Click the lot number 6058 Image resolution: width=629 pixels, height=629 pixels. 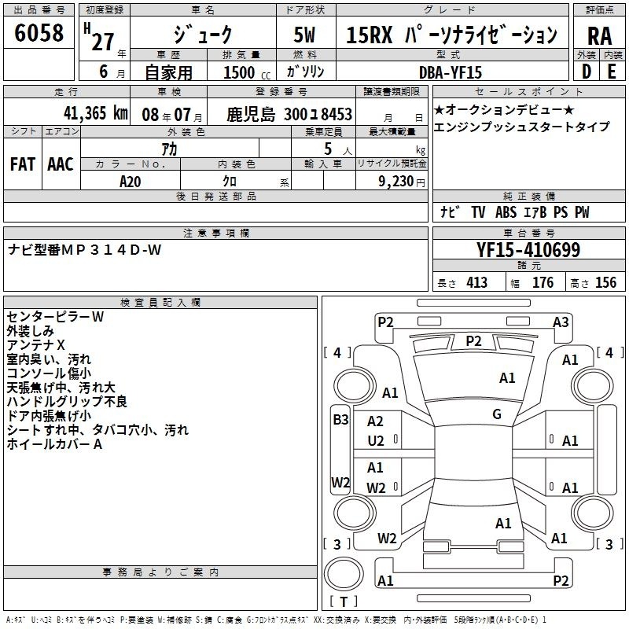(x=39, y=33)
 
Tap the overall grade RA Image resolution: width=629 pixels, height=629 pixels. (x=600, y=36)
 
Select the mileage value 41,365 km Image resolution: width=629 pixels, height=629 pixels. (x=96, y=113)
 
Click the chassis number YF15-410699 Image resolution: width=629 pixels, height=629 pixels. (x=528, y=250)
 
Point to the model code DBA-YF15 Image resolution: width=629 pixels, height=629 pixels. (x=450, y=72)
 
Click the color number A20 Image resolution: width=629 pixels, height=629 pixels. (x=131, y=182)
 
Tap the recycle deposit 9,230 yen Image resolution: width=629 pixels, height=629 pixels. (x=402, y=182)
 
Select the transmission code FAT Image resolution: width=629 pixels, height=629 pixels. (x=23, y=164)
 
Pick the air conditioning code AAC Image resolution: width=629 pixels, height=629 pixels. (x=61, y=164)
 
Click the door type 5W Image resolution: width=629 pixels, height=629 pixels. (x=304, y=35)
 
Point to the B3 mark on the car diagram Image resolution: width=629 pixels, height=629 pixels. (x=340, y=420)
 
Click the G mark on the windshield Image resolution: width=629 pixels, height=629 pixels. (x=497, y=414)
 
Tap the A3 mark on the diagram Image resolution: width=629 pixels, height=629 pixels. (x=561, y=322)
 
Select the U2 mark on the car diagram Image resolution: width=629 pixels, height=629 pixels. (x=376, y=441)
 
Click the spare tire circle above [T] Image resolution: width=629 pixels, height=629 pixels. (x=344, y=574)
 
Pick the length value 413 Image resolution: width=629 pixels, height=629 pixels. (x=476, y=282)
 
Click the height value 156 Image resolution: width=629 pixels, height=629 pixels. (x=605, y=282)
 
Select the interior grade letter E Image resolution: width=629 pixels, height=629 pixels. (x=612, y=72)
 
